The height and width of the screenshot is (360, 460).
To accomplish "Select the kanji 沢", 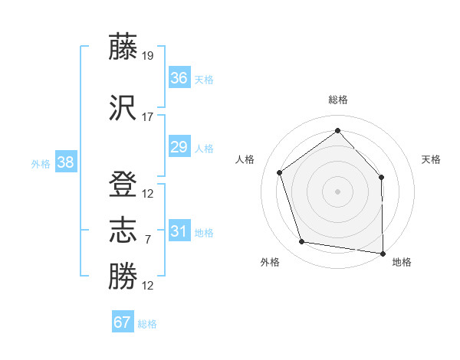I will tap(123, 108).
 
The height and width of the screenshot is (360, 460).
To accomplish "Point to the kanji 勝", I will tap(123, 277).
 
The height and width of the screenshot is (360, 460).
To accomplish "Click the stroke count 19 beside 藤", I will tap(148, 55).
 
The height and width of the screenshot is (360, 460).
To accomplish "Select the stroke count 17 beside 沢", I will tap(148, 117).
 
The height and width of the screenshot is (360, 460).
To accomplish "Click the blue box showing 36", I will tap(179, 77).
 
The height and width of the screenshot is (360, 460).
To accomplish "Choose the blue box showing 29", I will tap(179, 147).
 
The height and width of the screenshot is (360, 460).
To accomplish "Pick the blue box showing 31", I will tap(179, 231).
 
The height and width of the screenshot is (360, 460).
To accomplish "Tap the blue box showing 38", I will tap(65, 162).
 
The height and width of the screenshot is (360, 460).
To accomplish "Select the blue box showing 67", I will tap(123, 322).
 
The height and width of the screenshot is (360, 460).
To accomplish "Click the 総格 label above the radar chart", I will tap(337, 100).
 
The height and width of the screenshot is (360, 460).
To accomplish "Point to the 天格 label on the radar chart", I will tap(431, 159).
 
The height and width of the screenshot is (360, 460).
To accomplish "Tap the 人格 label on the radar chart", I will tap(245, 159).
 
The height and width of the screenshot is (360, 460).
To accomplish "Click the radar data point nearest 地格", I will tap(383, 253).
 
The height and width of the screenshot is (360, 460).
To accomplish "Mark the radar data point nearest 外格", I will tap(302, 242).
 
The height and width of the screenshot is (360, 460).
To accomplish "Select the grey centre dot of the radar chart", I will tap(337, 191).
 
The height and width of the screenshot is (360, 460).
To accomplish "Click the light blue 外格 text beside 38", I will tap(41, 163).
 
